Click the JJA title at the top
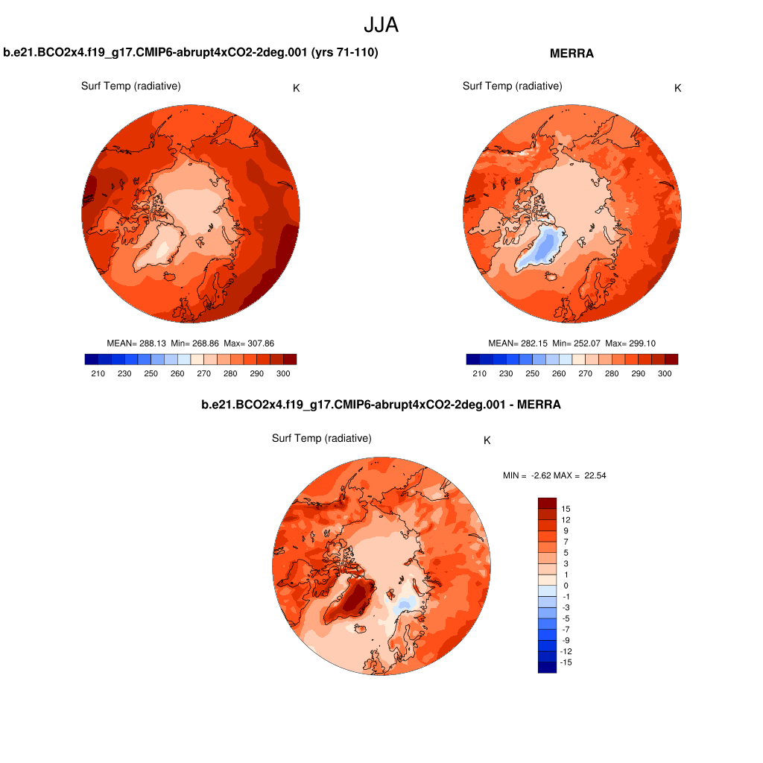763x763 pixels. coord(381,25)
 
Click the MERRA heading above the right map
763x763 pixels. coord(572,54)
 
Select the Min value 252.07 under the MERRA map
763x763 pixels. coord(584,343)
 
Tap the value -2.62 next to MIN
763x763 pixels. coord(542,475)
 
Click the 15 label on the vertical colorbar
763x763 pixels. coord(566,508)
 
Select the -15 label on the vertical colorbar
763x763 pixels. coord(567,662)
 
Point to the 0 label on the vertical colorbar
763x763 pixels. coord(566,586)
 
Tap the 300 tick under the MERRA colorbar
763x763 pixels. coord(665,373)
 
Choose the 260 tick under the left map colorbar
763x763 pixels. coord(177,373)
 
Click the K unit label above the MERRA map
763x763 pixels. coord(677,88)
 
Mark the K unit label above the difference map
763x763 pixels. coord(487,440)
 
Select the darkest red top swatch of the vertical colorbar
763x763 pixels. coord(547,503)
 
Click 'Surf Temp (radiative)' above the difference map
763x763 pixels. coord(321,438)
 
